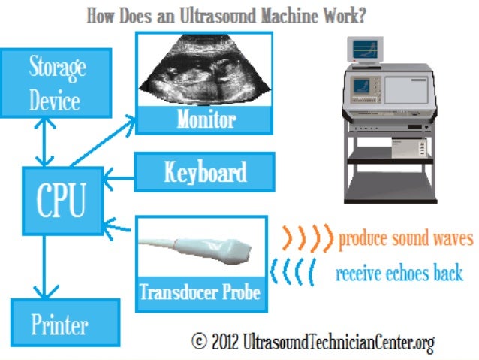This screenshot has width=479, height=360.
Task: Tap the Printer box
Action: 59,325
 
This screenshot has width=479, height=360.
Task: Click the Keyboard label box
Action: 205,173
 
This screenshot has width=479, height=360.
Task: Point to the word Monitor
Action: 206,119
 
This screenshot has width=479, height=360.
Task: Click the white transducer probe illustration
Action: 203,249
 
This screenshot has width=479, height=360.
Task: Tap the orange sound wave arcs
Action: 307,238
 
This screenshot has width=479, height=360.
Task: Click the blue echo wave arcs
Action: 294,272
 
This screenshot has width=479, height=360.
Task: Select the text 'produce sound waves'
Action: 406,239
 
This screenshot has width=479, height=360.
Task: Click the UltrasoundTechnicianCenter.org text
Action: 339,343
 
